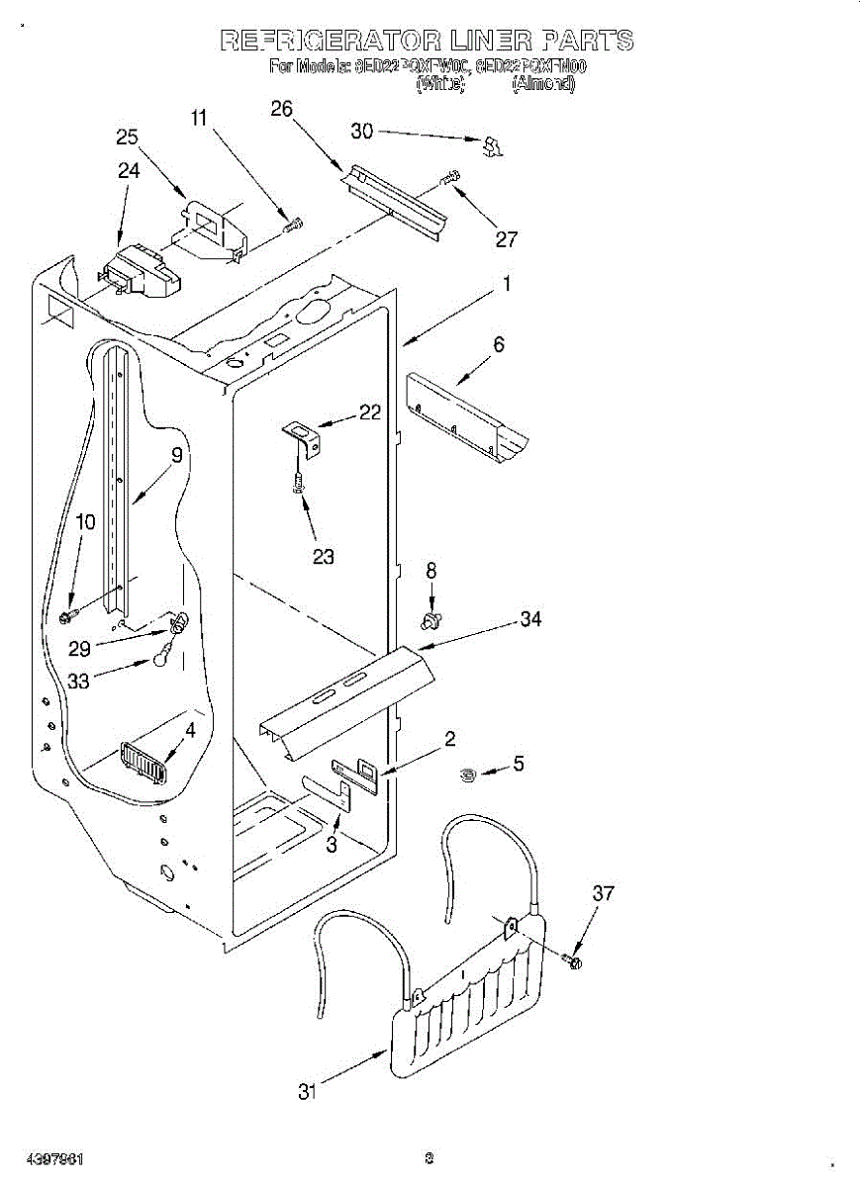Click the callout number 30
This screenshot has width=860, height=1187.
(362, 131)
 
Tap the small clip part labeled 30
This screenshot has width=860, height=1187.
(492, 146)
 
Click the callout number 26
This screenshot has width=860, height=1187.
(282, 109)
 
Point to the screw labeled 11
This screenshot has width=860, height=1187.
(292, 226)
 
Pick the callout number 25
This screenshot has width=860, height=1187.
(127, 137)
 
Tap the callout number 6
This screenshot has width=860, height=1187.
(499, 344)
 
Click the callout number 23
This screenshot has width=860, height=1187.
(324, 557)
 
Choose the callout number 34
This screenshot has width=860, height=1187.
(530, 620)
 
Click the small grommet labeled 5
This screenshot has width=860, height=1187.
(470, 774)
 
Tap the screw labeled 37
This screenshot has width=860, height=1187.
(573, 959)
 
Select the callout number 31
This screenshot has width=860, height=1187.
(308, 1092)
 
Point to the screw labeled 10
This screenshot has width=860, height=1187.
(67, 617)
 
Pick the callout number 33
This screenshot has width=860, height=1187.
(80, 681)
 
